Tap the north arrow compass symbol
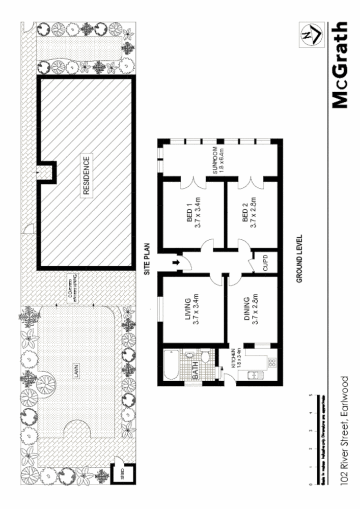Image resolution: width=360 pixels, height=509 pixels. [309, 35]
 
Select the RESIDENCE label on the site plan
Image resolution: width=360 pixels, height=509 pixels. [86, 176]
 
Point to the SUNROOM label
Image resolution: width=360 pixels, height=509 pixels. [218, 161]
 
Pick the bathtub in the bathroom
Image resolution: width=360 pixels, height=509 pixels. [172, 365]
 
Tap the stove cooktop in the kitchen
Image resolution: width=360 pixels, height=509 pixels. [272, 362]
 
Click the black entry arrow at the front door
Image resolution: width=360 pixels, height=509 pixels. [176, 263]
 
